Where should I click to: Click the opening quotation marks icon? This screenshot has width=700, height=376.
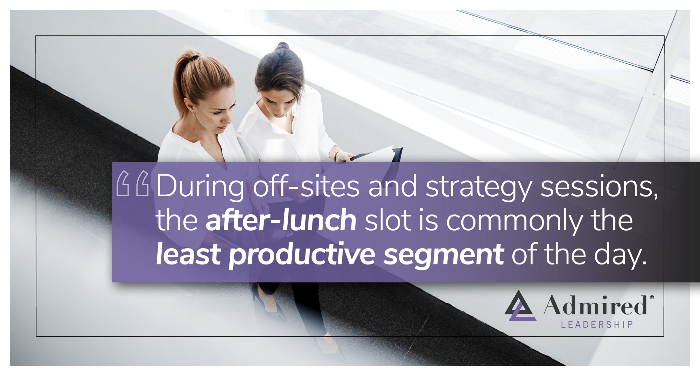[133, 184]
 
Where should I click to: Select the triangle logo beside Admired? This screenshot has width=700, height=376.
[520, 305]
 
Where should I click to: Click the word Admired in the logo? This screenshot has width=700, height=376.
[594, 306]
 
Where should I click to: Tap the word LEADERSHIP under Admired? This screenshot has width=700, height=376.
[597, 324]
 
